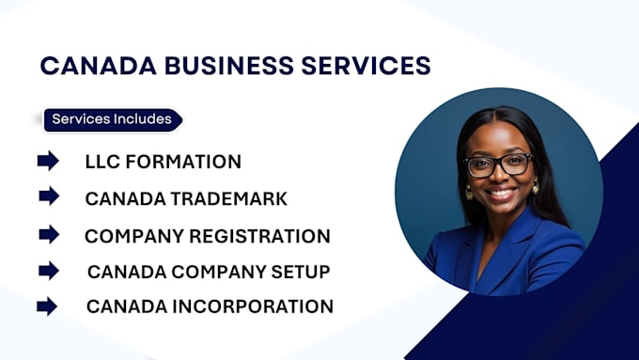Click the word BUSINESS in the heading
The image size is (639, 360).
pos(228,66)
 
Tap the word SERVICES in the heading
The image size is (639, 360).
pos(366,66)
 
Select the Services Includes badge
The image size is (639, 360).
pos(113,120)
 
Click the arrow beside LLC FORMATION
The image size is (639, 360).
pos(48,161)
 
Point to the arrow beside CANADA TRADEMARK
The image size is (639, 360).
pos(49,196)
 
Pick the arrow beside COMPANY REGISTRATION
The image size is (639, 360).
pos(49,234)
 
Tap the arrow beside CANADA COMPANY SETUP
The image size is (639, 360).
pos(49,271)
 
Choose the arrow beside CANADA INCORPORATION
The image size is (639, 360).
pos(47,306)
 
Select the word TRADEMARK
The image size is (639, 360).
pos(228,199)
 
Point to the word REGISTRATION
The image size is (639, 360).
pos(259,237)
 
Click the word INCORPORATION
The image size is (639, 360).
pos(253,306)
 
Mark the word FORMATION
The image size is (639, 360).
pos(183,162)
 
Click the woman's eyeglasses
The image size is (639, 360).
pos(498,164)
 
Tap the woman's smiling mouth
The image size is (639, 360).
pos(501,193)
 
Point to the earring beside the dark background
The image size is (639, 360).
pos(469,192)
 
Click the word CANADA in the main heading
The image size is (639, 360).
pos(99,66)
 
